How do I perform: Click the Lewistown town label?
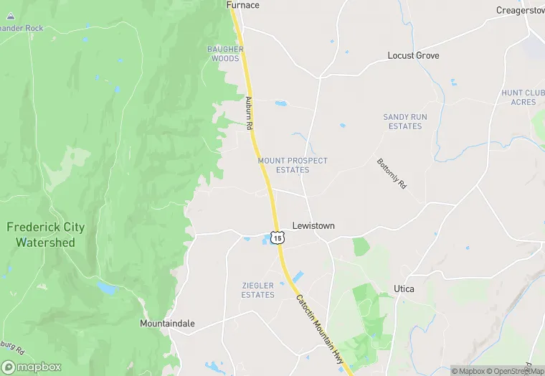(313, 225)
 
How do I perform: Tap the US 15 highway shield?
(277, 238)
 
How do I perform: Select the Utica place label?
(404, 288)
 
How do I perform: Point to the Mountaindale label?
(167, 324)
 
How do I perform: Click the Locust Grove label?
(413, 55)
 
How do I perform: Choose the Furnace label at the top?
(243, 5)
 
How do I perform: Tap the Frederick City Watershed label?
(45, 235)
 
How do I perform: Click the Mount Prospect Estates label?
(293, 166)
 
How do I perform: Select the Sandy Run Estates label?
(402, 121)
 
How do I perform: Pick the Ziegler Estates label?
(257, 290)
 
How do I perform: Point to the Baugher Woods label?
(225, 54)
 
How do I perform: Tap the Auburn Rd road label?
(250, 113)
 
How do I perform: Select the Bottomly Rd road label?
(392, 174)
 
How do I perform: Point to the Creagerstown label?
(520, 10)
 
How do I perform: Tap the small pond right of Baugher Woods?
(280, 103)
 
